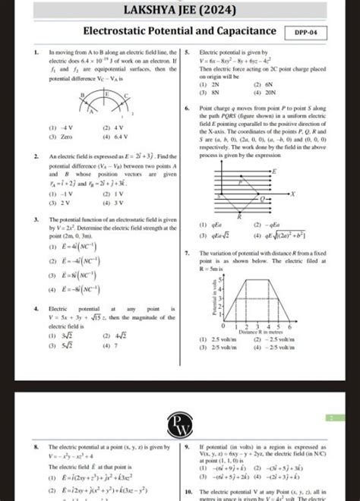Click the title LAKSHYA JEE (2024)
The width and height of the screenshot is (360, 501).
(x=179, y=11)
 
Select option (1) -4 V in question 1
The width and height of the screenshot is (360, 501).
(x=58, y=128)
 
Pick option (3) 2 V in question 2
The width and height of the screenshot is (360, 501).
(x=58, y=203)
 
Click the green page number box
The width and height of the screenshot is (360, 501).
(x=331, y=417)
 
